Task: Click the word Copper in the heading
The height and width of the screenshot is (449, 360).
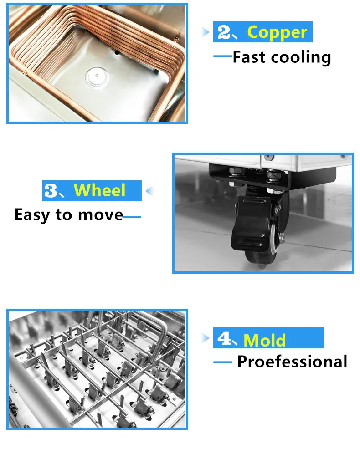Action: click(x=277, y=33)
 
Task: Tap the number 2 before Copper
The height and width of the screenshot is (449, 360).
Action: click(x=224, y=32)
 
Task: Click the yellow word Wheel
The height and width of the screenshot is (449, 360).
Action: click(x=99, y=190)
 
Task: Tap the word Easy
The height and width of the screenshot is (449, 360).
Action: click(x=33, y=214)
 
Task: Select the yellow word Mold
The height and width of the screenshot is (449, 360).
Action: click(x=265, y=340)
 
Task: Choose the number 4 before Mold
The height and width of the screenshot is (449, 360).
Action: click(x=224, y=339)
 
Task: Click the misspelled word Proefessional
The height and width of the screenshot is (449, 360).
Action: click(x=292, y=362)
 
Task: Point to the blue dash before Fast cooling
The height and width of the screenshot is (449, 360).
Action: click(x=223, y=56)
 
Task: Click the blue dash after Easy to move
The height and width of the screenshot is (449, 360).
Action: click(x=132, y=216)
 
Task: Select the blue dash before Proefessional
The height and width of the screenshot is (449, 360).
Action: click(x=223, y=362)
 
